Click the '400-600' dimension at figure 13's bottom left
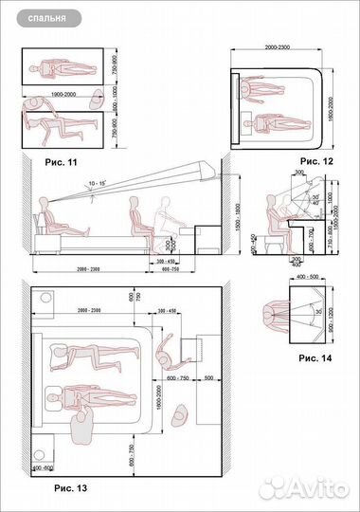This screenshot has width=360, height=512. [44, 468]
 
